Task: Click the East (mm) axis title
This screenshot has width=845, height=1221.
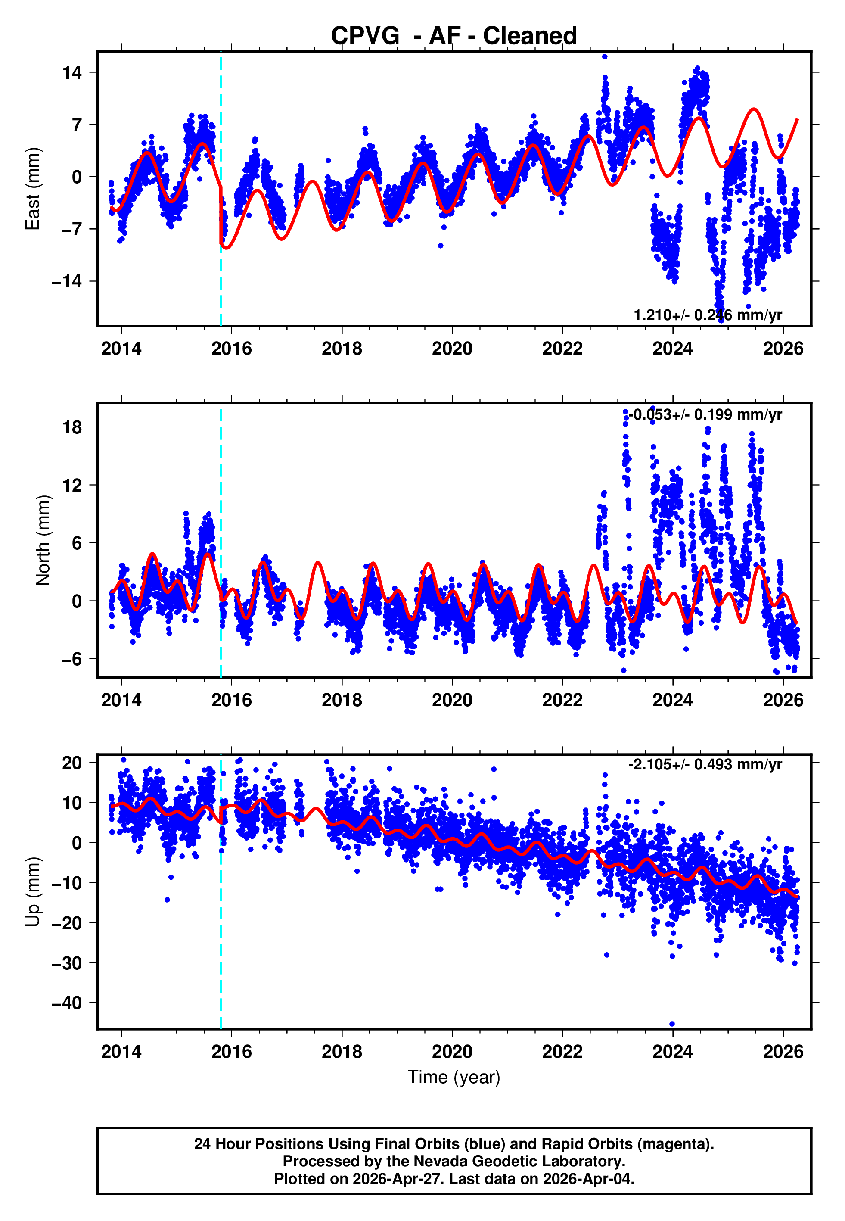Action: coord(33,189)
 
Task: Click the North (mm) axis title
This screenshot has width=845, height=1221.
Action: coord(42,540)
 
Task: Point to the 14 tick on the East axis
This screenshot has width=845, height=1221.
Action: coord(72,72)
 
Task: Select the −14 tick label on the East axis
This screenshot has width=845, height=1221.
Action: coord(67,281)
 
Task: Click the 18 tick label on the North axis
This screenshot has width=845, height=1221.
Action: coord(72,427)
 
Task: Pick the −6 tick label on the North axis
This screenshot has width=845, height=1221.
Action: coord(71,659)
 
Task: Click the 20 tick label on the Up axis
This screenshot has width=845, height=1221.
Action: coord(72,763)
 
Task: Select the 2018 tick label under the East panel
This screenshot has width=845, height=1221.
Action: coord(342,349)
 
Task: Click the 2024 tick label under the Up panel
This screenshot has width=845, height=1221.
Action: coord(672,1051)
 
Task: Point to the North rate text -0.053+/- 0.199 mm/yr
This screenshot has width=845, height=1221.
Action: coord(705,414)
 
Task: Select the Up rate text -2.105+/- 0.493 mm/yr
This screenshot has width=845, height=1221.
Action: coord(705,765)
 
